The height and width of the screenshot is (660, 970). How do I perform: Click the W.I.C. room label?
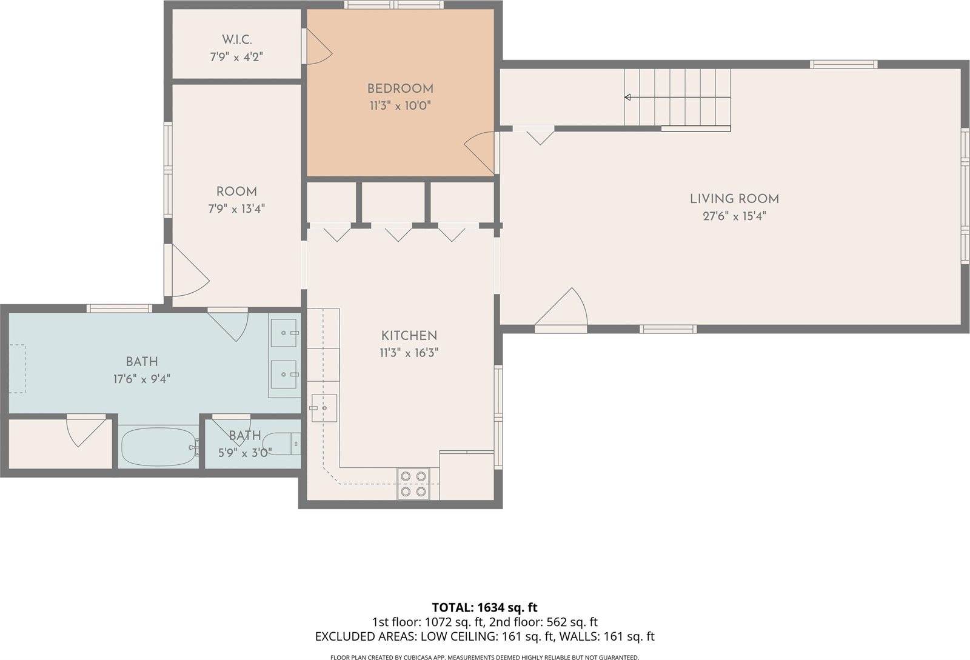click(x=236, y=40)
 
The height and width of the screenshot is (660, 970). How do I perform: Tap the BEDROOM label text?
click(x=400, y=88)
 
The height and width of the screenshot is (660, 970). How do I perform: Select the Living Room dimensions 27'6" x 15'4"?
click(x=734, y=216)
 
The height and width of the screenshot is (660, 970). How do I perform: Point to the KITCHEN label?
click(x=409, y=335)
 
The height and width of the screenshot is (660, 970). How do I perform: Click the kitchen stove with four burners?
click(x=413, y=484)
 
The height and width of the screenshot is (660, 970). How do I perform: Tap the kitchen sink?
click(x=324, y=408)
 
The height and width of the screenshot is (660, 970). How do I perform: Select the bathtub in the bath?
click(x=158, y=447)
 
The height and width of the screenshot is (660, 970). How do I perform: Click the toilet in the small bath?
click(x=281, y=444)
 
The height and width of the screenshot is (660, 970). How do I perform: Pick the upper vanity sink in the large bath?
click(x=284, y=333)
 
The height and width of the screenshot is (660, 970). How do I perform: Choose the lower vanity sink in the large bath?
click(x=284, y=375)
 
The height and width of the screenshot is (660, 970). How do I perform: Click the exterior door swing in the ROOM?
click(x=190, y=270)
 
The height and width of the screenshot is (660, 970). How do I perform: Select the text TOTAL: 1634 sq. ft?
click(x=484, y=608)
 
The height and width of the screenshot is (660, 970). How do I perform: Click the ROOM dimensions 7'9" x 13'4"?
click(x=236, y=209)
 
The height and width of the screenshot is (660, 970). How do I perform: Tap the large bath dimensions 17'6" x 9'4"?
click(x=142, y=379)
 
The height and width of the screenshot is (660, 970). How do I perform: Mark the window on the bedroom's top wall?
click(x=393, y=5)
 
